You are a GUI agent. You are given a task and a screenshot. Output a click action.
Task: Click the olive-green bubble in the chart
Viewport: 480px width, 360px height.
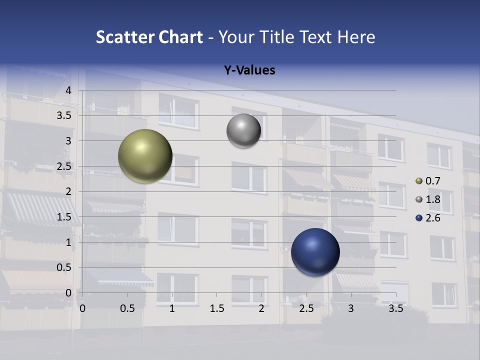(145, 156)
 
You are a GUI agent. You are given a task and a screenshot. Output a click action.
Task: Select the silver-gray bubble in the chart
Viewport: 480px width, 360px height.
(243, 131)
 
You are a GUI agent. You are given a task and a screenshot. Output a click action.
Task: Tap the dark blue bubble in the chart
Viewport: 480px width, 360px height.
(315, 252)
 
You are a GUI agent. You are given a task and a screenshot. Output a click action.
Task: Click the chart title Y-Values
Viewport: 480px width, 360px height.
(249, 70)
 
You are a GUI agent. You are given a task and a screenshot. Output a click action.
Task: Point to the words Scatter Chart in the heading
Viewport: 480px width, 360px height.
(149, 37)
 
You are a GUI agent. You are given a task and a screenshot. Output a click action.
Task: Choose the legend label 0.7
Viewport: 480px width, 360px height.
(432, 181)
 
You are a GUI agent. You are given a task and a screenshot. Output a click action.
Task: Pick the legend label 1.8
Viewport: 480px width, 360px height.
(432, 199)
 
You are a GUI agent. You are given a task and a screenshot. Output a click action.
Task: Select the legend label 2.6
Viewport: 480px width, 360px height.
(432, 218)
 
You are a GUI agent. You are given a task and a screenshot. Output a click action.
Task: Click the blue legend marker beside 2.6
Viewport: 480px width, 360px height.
(419, 218)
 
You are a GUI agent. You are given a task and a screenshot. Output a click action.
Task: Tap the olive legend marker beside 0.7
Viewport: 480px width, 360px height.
(419, 181)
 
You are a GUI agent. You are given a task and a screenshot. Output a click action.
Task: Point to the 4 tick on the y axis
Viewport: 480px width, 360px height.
(69, 90)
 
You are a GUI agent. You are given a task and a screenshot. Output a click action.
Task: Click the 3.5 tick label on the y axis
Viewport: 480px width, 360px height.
(64, 116)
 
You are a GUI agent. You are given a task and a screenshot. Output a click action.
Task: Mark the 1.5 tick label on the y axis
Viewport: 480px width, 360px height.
(64, 217)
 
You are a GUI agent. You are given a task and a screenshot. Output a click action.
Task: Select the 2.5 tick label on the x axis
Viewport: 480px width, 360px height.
(306, 309)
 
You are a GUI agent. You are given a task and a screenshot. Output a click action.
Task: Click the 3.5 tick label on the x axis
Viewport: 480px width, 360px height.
(395, 309)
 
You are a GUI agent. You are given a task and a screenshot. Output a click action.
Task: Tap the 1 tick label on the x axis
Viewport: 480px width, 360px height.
(172, 309)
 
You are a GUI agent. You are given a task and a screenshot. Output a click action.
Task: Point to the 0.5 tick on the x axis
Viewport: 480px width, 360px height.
(127, 309)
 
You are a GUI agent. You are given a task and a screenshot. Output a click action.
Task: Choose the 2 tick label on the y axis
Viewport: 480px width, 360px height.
(69, 191)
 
